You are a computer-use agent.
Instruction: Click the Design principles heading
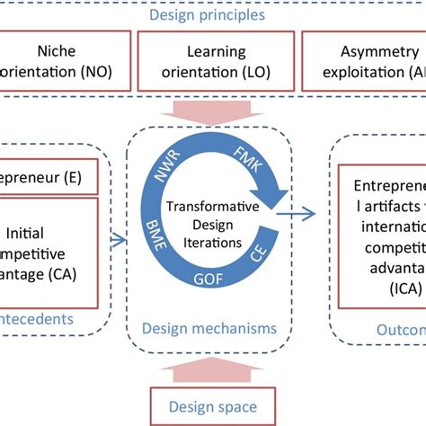(x=213, y=14)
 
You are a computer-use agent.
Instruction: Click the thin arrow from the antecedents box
(x=118, y=238)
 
